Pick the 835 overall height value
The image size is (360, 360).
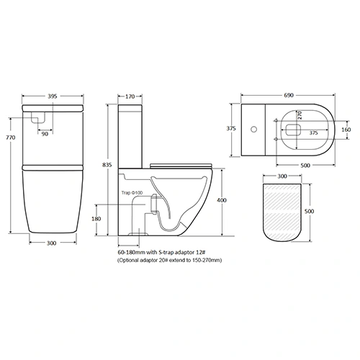click(108, 165)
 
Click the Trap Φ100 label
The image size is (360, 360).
click(132, 194)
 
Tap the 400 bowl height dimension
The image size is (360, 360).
click(222, 199)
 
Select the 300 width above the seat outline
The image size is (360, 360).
click(282, 175)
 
